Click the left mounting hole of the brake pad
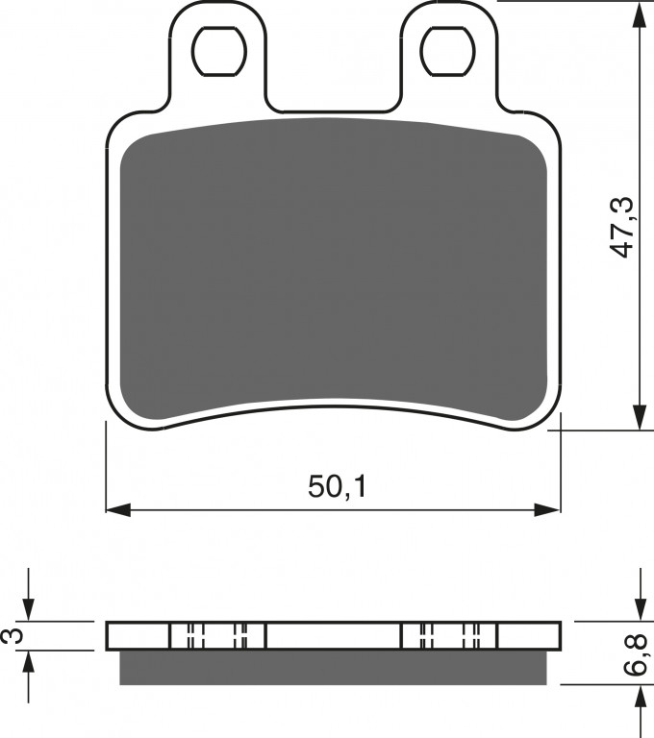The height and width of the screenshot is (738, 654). pyautogui.click(x=219, y=51)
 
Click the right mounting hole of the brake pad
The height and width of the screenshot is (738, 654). pyautogui.click(x=447, y=51)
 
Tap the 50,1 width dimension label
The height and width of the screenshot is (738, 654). pyautogui.click(x=337, y=486)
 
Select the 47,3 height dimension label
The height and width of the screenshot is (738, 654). pyautogui.click(x=622, y=228)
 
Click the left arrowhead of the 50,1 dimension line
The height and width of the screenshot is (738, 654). pyautogui.click(x=118, y=509)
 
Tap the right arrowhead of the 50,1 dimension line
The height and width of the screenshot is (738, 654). pyautogui.click(x=548, y=509)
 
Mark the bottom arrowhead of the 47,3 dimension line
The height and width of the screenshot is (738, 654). pyautogui.click(x=640, y=416)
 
